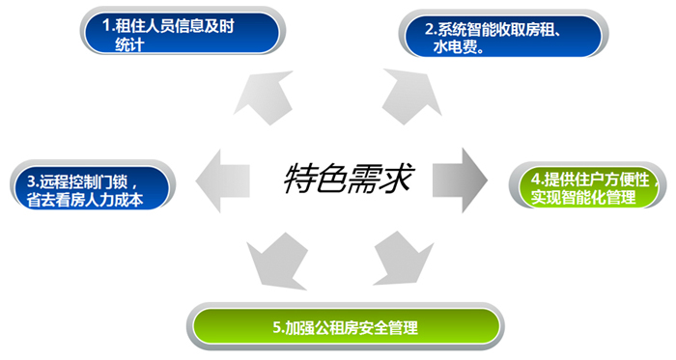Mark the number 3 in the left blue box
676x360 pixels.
[31, 180]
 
